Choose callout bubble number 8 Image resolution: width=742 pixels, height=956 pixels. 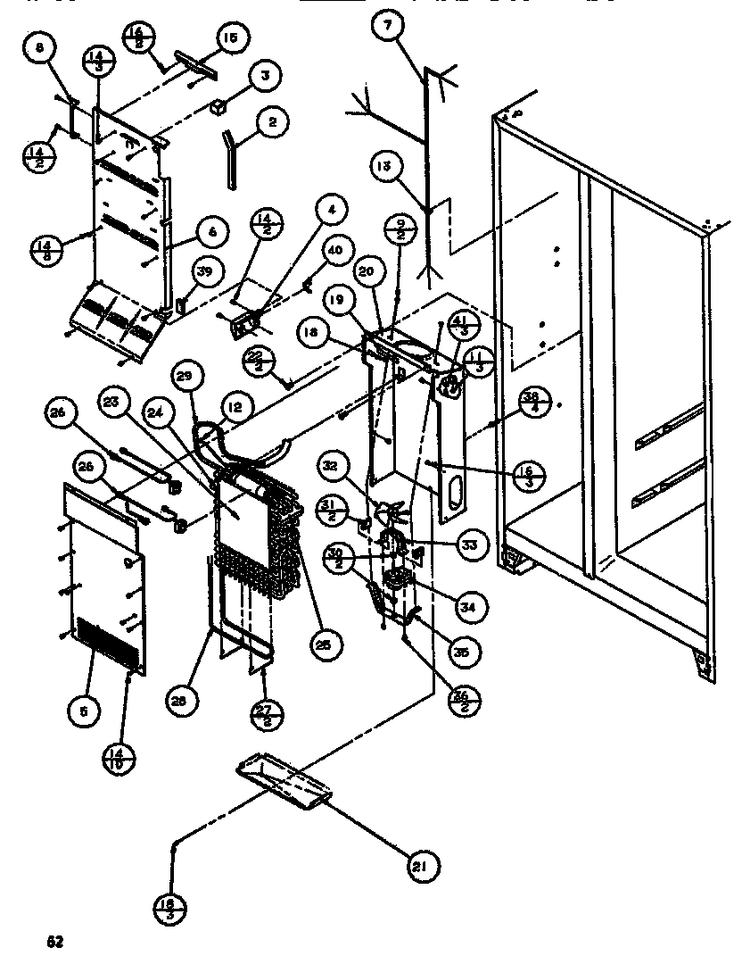[40, 49]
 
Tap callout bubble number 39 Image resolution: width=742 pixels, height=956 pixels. [204, 275]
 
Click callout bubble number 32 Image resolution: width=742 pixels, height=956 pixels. [331, 465]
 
